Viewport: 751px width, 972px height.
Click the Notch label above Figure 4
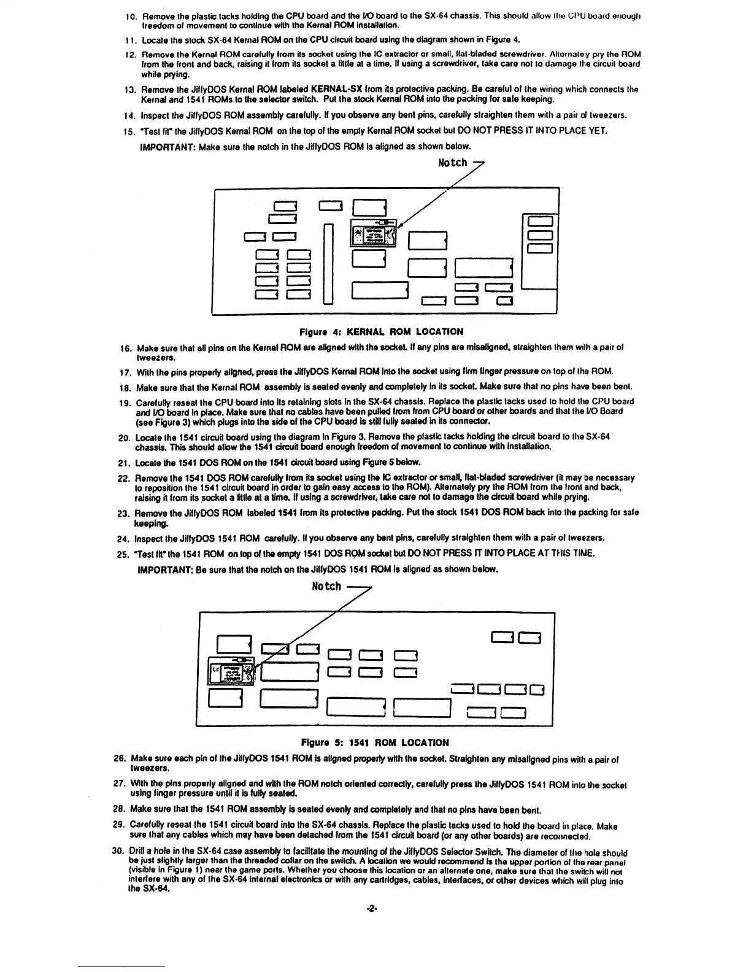(453, 163)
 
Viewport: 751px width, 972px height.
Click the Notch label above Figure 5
(326, 586)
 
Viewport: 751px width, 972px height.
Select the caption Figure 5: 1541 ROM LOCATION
(374, 742)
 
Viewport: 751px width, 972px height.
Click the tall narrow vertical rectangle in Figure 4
(328, 264)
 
